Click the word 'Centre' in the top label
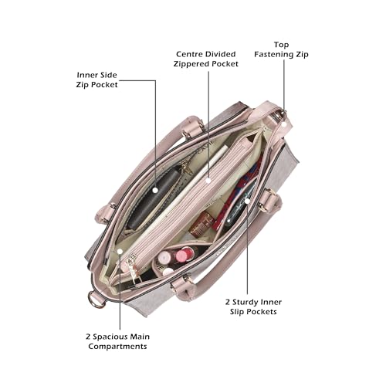[x=188, y=54]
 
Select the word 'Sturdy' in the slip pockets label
[x=245, y=302]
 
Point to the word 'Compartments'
[x=117, y=347]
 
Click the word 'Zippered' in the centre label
[x=191, y=64]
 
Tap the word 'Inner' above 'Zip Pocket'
[x=86, y=75]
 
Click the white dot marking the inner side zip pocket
[x=155, y=191]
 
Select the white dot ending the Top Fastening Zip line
[x=284, y=124]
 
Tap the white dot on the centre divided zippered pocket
[x=208, y=181]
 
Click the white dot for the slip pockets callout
[x=247, y=201]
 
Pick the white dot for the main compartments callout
[x=120, y=251]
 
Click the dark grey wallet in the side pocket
[x=154, y=198]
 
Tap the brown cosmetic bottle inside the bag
[x=202, y=225]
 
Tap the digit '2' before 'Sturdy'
[x=228, y=302]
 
